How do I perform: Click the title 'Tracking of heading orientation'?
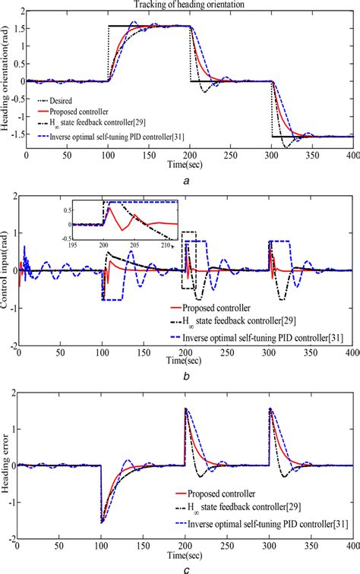pyautogui.click(x=189, y=5)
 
